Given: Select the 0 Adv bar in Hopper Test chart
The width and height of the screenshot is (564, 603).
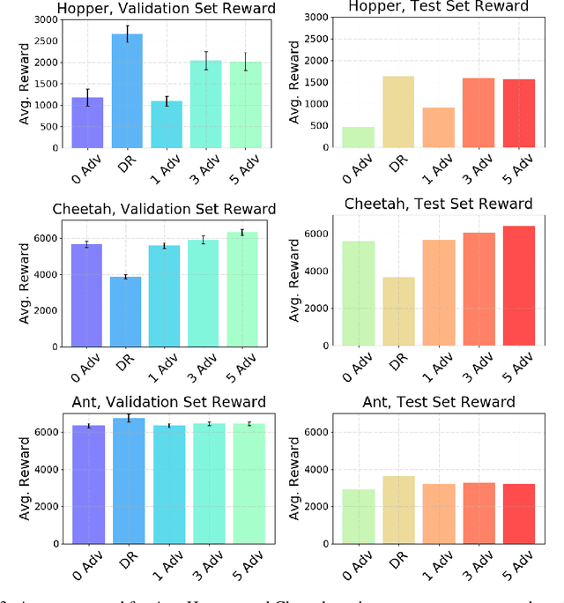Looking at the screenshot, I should coord(359,137).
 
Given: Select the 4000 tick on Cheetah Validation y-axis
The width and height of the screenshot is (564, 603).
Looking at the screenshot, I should coord(44,274).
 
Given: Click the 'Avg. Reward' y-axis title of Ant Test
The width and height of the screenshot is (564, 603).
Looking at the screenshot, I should coord(292,480).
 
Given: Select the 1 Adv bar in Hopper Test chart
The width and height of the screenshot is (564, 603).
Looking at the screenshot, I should coord(439,128).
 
